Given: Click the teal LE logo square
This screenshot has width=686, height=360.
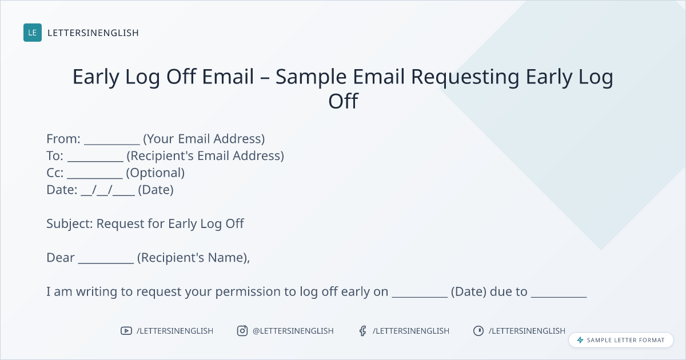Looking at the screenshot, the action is tap(33, 33).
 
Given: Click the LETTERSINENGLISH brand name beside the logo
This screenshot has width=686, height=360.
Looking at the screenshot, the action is tap(93, 33).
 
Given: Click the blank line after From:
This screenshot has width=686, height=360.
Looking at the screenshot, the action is tap(112, 144).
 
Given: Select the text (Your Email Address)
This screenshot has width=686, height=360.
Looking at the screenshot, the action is tap(204, 139).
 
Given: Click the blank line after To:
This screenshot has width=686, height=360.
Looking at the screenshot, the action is tap(95, 161).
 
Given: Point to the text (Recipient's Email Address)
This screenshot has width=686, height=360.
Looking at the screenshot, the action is tap(205, 156).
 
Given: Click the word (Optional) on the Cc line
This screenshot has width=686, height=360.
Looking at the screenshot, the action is tap(155, 173).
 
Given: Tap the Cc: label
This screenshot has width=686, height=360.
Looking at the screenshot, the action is tap(55, 173).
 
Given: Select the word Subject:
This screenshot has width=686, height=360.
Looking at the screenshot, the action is tap(70, 224).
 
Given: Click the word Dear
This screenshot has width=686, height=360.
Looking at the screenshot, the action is tap(61, 258).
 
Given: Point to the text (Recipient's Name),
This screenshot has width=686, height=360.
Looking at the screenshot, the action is tap(194, 258).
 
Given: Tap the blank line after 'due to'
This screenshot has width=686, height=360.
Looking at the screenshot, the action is tap(559, 297).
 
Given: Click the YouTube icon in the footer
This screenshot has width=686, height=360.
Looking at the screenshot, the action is tap(126, 331).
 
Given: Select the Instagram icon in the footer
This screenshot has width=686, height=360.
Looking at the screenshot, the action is tap(242, 331).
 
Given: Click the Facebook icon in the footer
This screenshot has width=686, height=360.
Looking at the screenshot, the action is tap(363, 331).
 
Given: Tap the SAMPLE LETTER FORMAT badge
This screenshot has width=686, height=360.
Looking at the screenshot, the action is tap(621, 340).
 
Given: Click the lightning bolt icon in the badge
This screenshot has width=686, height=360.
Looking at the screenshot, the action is tap(580, 340).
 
